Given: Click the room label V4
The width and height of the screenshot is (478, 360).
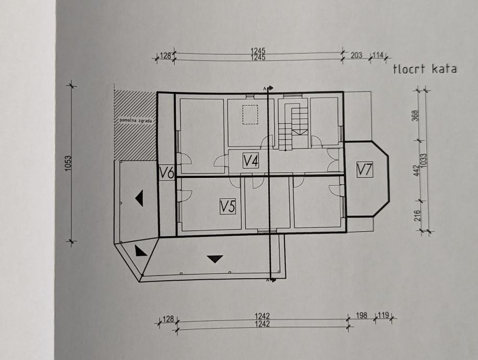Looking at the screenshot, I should click(251, 161).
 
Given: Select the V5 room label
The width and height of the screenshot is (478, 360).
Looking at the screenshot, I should click(228, 207).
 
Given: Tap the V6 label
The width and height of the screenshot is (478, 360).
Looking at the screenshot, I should click(166, 173).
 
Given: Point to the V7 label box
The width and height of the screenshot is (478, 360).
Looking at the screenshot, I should click(365, 169).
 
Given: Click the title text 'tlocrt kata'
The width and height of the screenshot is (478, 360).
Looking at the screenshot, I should click(425, 69).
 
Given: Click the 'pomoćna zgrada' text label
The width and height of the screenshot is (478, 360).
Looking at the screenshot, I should click(135, 121).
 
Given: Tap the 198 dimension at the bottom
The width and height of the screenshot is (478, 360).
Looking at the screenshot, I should click(361, 316).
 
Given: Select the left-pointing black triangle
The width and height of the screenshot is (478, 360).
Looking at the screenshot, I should click(139, 198).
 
